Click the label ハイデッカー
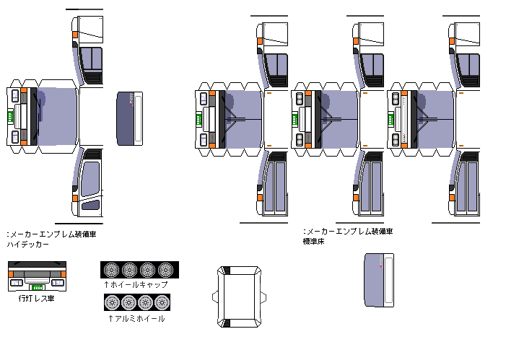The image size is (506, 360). coord(28,244)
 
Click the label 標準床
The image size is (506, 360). coord(314,241)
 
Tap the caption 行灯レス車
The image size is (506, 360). coord(37,299)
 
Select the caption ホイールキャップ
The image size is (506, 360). coord(136,284)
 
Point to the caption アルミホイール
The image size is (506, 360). coord(136,318)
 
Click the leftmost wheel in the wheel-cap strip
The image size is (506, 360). coord(112,270)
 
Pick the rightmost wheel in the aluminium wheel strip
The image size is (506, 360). coord(162,302)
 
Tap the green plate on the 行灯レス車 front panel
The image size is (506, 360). coord(38,287)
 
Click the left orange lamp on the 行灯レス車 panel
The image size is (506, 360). coord(11,274)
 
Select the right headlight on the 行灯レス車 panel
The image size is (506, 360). coord(58,283)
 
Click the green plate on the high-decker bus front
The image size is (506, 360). coord(10,116)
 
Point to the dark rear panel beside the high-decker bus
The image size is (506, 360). coord(129,118)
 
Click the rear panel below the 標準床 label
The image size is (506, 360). coord(379,280)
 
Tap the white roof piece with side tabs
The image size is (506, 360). coord(239,297)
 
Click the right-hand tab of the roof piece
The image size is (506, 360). coord(263,297)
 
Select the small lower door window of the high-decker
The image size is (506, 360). coord(91,204)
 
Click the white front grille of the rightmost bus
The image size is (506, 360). coord(398,119)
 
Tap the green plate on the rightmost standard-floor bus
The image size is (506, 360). coord(391,119)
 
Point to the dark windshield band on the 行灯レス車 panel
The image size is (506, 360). coord(37,265)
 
